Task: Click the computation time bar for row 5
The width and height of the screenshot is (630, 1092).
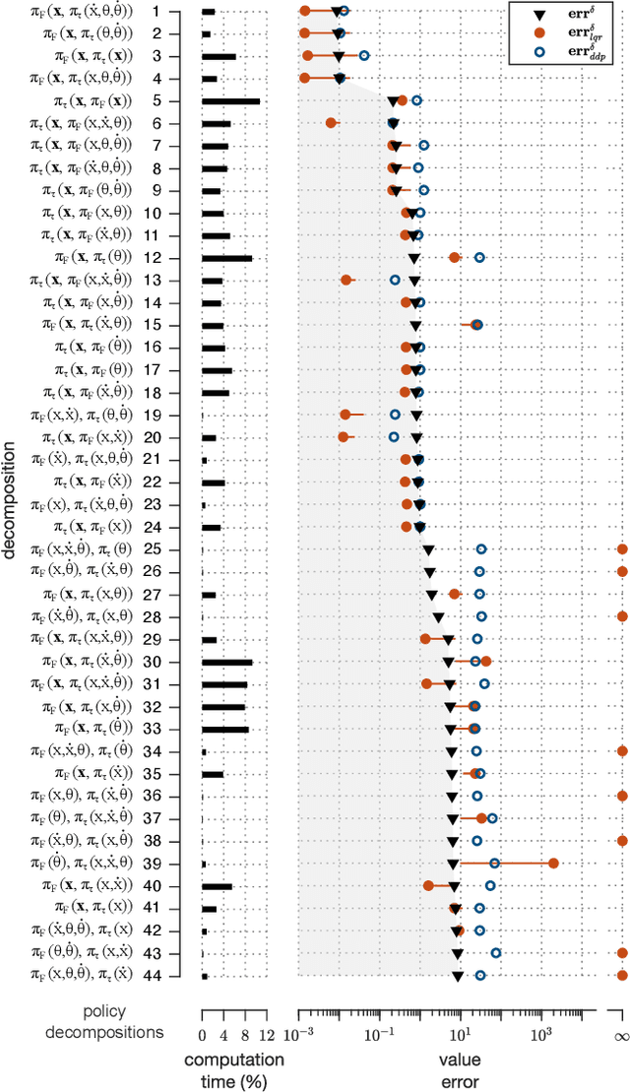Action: point(230,100)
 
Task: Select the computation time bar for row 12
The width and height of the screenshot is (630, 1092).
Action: point(226,258)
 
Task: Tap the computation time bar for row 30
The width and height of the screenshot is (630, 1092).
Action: point(226,662)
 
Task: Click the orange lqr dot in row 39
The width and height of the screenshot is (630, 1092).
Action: point(554,863)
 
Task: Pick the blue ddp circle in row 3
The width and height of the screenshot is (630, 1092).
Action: point(364,56)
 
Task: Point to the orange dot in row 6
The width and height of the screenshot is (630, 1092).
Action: point(332,123)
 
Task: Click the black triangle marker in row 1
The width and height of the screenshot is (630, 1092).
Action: point(337,11)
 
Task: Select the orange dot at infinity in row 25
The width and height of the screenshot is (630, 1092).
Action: point(622,548)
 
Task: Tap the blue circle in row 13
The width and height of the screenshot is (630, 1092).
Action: point(395,280)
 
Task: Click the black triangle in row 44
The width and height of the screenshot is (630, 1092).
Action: point(458,976)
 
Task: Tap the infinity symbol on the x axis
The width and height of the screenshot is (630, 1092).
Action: point(621,1036)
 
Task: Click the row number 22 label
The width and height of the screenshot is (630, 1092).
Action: point(152,482)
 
